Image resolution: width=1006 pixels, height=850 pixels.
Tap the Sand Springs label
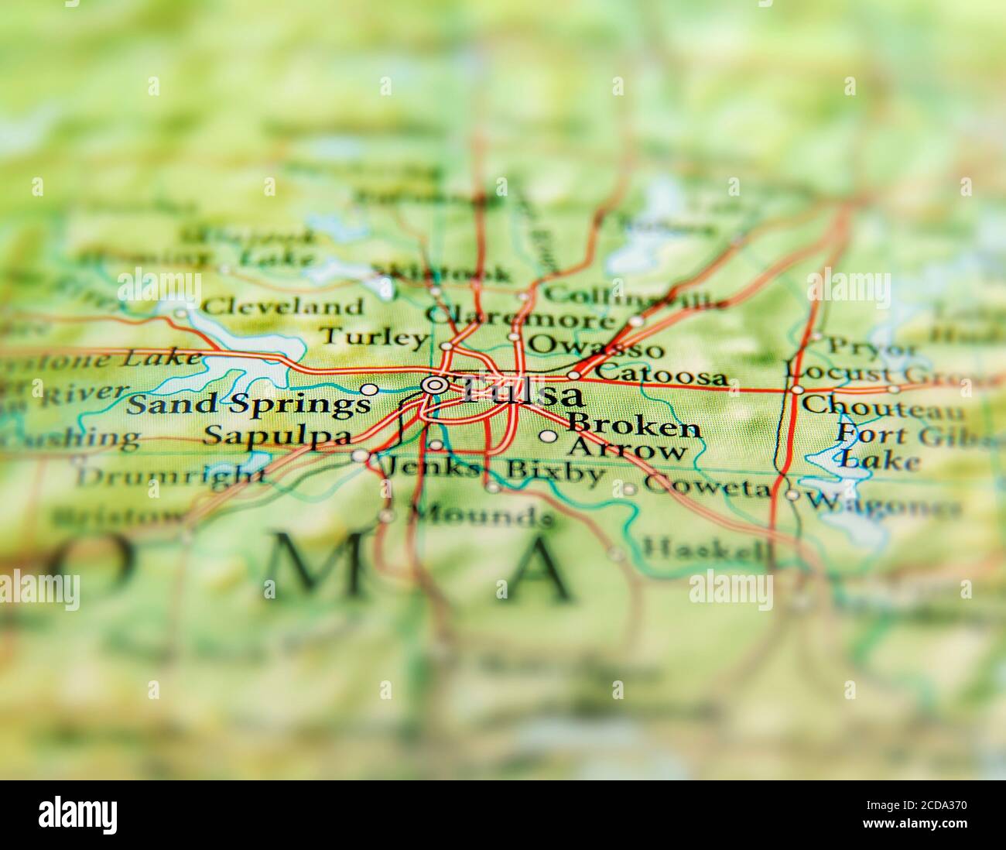click(x=248, y=403)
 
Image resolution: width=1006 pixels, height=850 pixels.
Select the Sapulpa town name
click(x=276, y=436)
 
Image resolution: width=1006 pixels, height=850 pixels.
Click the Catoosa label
click(x=662, y=375)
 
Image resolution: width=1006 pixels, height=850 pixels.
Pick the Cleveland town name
click(x=282, y=307)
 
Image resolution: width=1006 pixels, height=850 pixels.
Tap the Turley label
click(x=374, y=338)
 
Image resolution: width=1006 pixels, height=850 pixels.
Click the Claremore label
click(x=520, y=317)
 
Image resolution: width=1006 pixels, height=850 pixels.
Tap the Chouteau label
click(x=882, y=406)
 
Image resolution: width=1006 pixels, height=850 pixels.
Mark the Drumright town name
click(x=171, y=475)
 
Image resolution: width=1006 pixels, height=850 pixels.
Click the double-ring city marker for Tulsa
click(x=434, y=384)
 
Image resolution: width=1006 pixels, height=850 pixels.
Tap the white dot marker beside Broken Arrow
click(x=548, y=437)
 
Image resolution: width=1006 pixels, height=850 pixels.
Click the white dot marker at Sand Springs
click(x=370, y=389)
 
